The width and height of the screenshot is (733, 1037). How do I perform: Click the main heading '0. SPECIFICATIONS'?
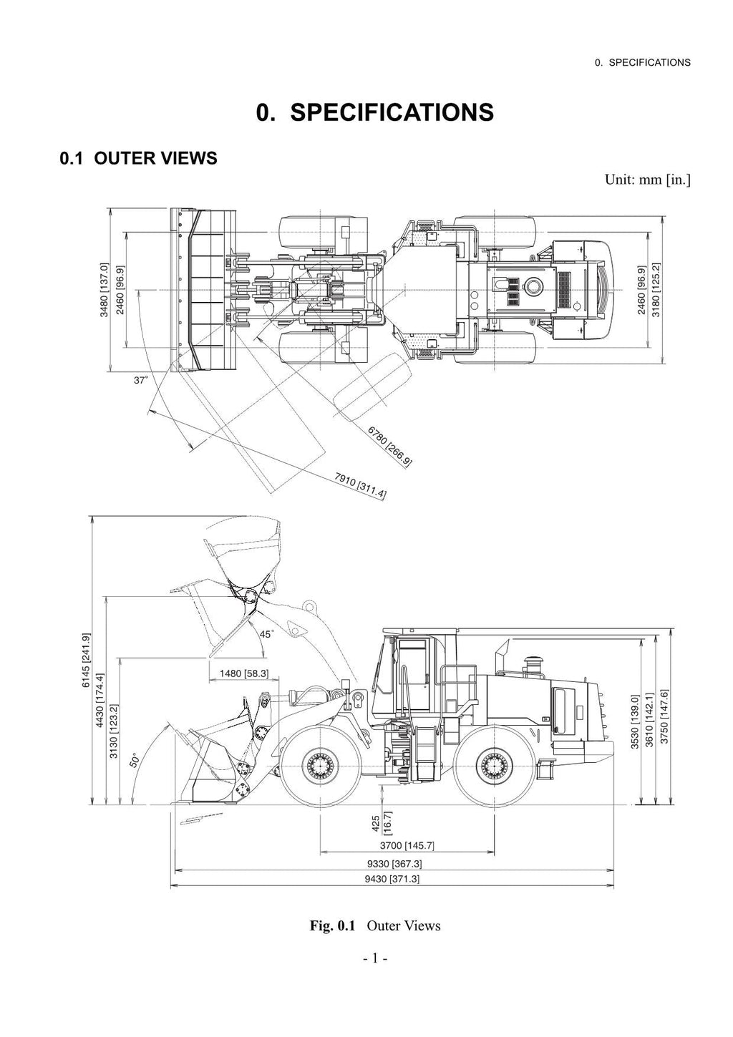375,112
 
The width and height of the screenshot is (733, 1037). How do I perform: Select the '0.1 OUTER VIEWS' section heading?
138,158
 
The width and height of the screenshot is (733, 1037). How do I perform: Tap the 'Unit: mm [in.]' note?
647,179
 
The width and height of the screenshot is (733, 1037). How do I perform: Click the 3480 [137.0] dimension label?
105,289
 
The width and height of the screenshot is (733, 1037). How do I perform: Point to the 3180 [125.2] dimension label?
656,289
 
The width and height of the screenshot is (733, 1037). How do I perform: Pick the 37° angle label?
141,381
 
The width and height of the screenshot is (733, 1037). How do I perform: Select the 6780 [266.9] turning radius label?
390,445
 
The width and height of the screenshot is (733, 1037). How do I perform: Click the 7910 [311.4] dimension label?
361,485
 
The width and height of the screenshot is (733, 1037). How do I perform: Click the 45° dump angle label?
266,634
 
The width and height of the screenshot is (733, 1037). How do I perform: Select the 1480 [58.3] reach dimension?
244,673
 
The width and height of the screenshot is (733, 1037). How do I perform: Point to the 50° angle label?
135,759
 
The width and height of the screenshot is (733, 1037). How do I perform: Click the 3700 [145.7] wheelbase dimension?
407,845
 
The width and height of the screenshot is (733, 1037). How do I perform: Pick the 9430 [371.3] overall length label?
392,878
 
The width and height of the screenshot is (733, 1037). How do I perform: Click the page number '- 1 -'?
374,958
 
